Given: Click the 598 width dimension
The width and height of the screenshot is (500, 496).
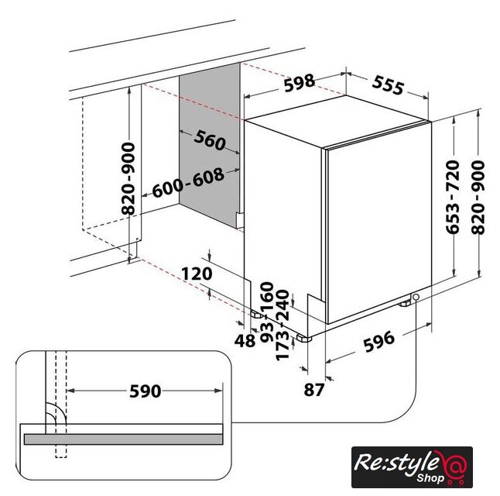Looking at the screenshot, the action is tap(299, 83).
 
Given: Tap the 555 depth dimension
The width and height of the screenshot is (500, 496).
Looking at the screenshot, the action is tap(388, 85).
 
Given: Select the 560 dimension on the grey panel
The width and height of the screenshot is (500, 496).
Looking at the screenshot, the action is tap(210, 140).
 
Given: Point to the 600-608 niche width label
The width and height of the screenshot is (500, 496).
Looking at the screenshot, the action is tap(188, 183).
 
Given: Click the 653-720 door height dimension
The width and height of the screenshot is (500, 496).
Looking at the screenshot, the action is tap(453, 197).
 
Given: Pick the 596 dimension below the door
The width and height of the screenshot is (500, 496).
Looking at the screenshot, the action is tap(379, 342).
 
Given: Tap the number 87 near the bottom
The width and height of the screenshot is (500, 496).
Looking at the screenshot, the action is tap(314, 390).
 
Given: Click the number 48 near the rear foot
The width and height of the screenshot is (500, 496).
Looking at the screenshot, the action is tap(245, 341).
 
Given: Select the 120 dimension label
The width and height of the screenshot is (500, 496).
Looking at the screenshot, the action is tap(197, 274).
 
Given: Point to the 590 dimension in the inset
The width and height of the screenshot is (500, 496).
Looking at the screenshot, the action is tap(145, 391).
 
